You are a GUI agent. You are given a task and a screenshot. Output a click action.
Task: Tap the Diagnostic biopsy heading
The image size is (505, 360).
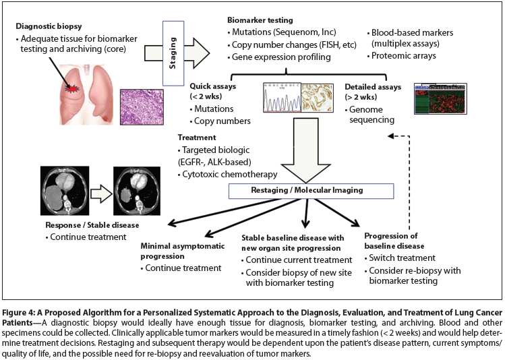pyautogui.click(x=50, y=26)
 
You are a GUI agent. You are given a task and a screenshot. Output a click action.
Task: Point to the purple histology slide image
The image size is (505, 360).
pyautogui.click(x=140, y=102)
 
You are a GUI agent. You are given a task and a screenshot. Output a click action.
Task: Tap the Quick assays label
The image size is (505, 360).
pyautogui.click(x=214, y=87)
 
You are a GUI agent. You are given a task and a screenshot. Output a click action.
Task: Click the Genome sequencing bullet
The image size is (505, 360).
pyautogui.click(x=370, y=115)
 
